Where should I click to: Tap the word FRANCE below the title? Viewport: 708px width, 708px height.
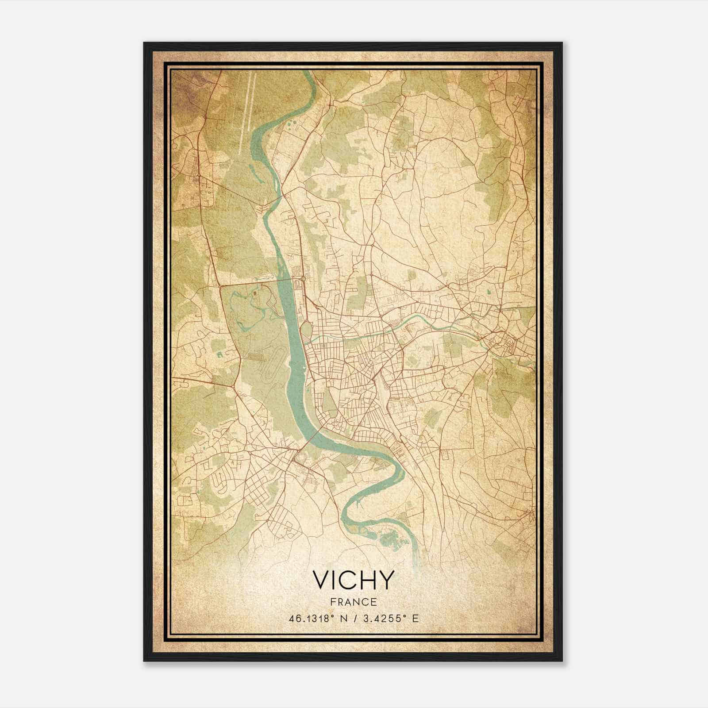click(x=353, y=602)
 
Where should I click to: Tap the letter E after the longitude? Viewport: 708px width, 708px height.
click(x=415, y=618)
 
